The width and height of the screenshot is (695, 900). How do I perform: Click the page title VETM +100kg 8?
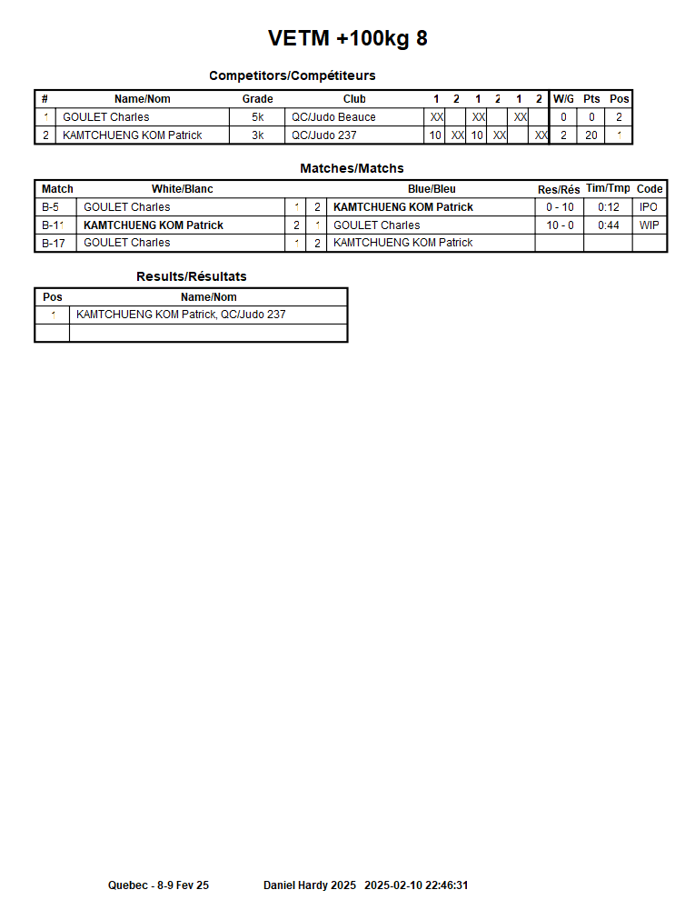click(x=347, y=38)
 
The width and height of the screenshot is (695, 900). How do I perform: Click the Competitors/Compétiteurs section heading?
click(x=292, y=75)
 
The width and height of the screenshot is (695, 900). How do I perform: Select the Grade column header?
click(x=257, y=99)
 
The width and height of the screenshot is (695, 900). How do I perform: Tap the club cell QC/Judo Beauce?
click(x=333, y=117)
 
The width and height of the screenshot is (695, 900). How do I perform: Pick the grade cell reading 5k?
click(x=258, y=117)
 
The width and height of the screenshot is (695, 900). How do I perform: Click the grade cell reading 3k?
click(x=258, y=135)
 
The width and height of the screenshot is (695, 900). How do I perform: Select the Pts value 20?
click(x=591, y=135)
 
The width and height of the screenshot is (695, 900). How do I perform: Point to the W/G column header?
click(x=563, y=99)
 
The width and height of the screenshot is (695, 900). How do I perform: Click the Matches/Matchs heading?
click(x=352, y=168)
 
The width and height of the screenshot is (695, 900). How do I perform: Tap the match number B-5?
click(x=51, y=207)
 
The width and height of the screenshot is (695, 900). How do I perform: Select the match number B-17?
click(x=55, y=243)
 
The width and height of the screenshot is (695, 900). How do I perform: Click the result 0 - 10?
click(x=560, y=207)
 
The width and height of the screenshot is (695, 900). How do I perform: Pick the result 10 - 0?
click(x=560, y=225)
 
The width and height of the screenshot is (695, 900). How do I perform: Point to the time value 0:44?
click(x=609, y=225)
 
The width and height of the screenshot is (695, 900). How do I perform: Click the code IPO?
click(x=649, y=207)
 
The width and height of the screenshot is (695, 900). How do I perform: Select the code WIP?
click(x=649, y=225)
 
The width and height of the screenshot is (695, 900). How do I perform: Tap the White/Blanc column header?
click(x=182, y=189)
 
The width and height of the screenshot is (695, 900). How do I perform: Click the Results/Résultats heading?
click(x=191, y=276)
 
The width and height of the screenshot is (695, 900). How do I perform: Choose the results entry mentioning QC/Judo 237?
click(x=181, y=315)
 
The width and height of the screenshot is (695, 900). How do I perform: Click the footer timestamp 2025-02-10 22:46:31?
click(x=416, y=885)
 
